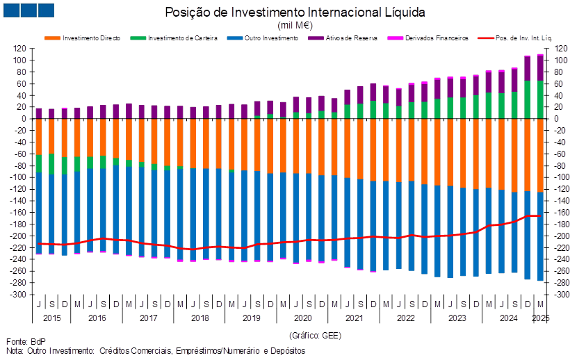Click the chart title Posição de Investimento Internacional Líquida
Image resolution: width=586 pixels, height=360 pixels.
pos(295,13)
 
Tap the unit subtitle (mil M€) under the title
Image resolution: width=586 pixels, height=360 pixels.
pos(295,24)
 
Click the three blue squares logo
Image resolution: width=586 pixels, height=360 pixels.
pos(28,10)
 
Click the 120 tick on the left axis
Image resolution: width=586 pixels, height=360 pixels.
pos(20,49)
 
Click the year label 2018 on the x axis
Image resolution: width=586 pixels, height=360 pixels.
pos(200,318)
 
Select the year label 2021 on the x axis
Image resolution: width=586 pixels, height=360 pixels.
pos(354,318)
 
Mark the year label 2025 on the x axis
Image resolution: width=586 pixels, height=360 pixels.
pos(541,318)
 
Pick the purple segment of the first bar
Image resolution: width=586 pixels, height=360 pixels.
pos(39,113)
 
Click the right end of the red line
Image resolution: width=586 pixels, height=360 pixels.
pos(540,216)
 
